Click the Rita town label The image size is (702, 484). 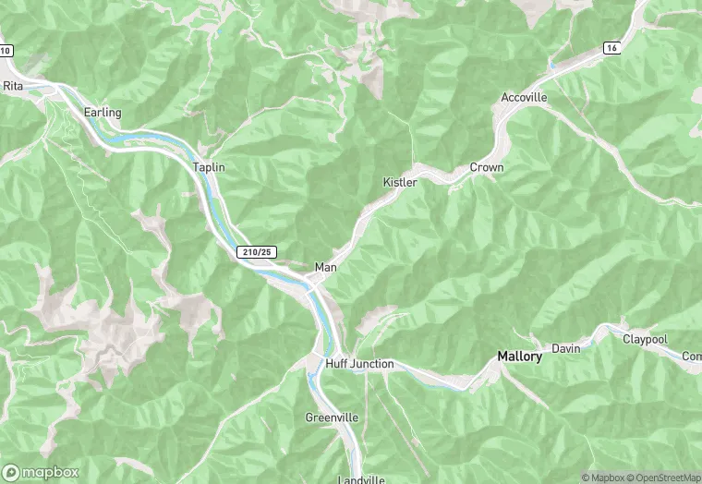13,85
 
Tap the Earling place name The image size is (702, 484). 103,113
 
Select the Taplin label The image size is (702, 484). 209,167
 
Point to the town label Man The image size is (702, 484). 325,267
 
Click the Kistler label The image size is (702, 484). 400,182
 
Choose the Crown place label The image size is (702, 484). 487,167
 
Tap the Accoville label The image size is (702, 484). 524,97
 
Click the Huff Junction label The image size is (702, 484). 359,364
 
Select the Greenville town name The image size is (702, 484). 332,417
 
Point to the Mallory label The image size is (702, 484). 519,356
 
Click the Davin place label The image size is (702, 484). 565,348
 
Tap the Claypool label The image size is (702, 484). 645,339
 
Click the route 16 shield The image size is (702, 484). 611,47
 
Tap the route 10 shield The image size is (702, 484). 5,50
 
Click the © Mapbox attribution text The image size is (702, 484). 601,478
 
